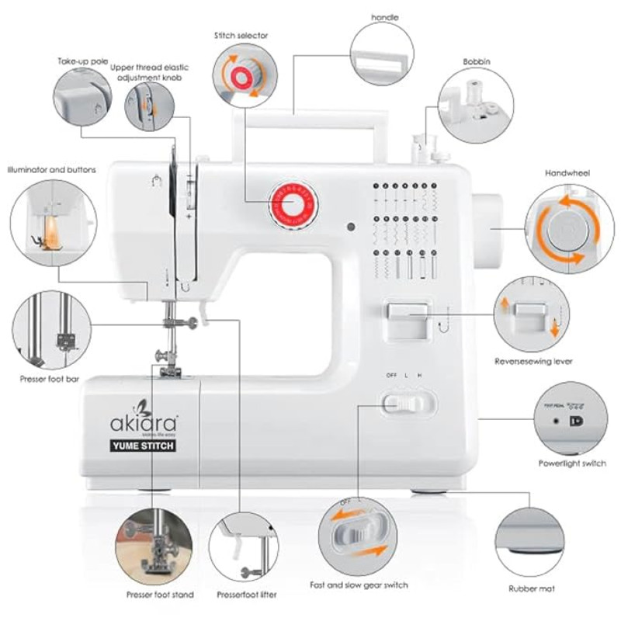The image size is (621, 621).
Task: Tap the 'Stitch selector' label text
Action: click(x=242, y=36)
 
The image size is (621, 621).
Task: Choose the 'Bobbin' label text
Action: click(x=476, y=61)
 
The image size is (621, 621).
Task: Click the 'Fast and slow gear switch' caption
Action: click(x=359, y=585)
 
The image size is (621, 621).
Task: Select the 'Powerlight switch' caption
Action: click(x=572, y=463)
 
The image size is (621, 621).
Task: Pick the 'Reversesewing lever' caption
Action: click(x=535, y=361)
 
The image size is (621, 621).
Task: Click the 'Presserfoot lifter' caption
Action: click(x=245, y=595)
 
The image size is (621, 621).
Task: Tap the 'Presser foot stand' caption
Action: click(x=160, y=595)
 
